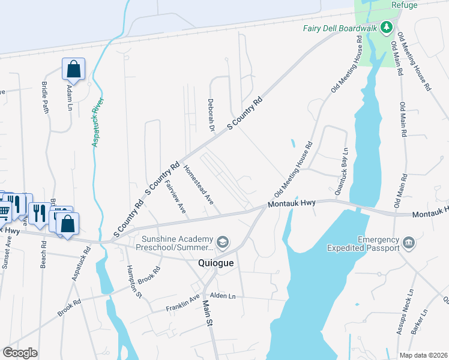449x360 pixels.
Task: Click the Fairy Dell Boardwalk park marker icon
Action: (x=387, y=27)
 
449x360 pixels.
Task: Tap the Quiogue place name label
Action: (x=215, y=263)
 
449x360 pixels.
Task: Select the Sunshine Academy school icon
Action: (x=222, y=242)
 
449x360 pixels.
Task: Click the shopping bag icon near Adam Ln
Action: (x=73, y=69)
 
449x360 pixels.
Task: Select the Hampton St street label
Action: (x=133, y=281)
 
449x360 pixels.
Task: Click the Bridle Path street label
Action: (x=45, y=98)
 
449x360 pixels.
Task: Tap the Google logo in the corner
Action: (x=20, y=352)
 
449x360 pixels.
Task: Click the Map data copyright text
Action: (x=423, y=355)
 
